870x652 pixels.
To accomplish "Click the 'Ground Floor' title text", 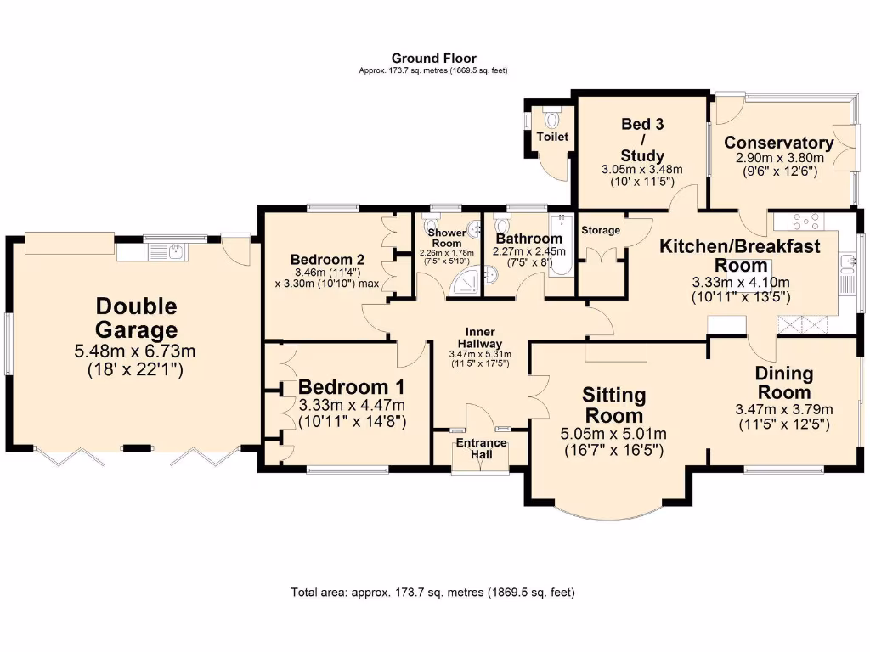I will pyautogui.click(x=433, y=59).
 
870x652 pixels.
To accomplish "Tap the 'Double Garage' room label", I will pyautogui.click(x=137, y=318).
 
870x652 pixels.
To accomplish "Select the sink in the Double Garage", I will pyautogui.click(x=175, y=251).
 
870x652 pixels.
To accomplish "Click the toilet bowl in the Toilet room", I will pyautogui.click(x=552, y=120).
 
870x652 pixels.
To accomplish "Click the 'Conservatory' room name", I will pyautogui.click(x=778, y=143).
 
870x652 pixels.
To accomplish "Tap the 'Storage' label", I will pyautogui.click(x=600, y=230).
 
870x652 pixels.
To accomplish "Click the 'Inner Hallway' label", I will pyautogui.click(x=480, y=337).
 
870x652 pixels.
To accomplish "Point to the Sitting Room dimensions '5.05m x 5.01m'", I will pyautogui.click(x=613, y=434).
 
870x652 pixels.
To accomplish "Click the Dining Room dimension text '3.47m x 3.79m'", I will pyautogui.click(x=784, y=409).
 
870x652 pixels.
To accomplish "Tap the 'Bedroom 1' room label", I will pyautogui.click(x=351, y=387).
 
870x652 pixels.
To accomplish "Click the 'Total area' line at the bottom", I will pyautogui.click(x=433, y=592).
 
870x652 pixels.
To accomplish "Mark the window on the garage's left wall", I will pyautogui.click(x=8, y=343).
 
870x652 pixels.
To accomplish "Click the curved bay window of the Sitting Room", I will pyautogui.click(x=613, y=514).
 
